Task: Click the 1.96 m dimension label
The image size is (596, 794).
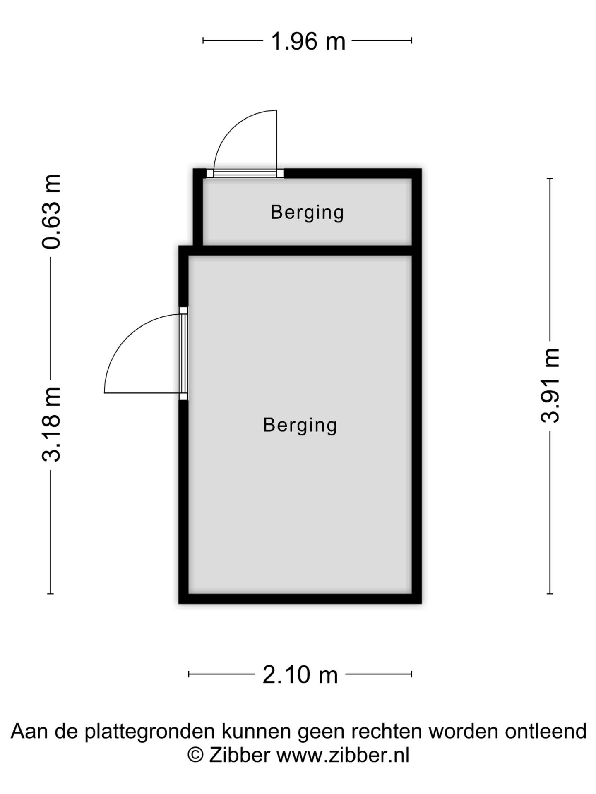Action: (308, 41)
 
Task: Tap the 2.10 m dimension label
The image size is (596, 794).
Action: (300, 674)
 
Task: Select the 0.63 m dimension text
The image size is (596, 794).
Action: (51, 212)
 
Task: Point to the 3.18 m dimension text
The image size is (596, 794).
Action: (51, 424)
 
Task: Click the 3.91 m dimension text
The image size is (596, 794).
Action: (550, 385)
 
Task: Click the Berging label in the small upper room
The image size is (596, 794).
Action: (307, 213)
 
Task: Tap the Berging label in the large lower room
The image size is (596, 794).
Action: (300, 425)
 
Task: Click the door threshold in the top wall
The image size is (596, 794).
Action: (245, 173)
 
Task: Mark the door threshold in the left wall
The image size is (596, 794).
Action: (183, 354)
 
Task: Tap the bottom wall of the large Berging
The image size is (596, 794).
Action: (300, 599)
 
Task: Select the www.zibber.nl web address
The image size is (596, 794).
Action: (343, 755)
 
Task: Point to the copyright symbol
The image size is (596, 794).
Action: (196, 755)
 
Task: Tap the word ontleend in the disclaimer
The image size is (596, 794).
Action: (546, 731)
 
